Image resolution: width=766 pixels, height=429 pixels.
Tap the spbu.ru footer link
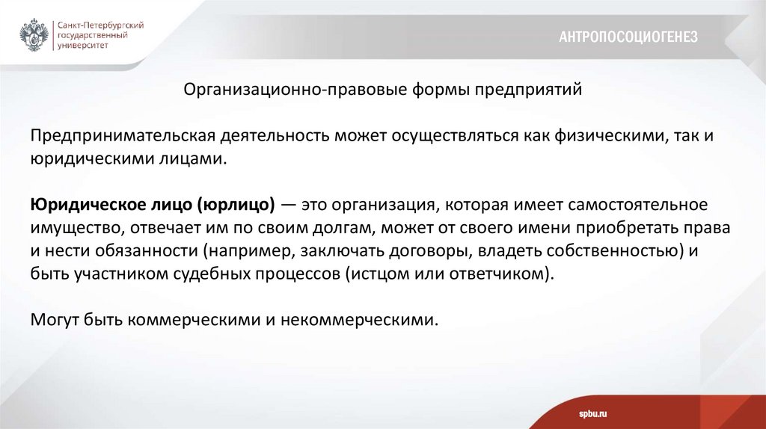(592, 413)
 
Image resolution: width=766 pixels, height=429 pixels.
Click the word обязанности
(150, 250)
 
